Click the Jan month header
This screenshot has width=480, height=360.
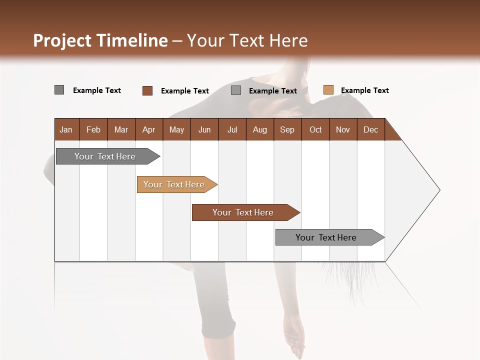point(66,129)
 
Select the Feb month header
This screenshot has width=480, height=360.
point(93,129)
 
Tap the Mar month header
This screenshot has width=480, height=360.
point(121,129)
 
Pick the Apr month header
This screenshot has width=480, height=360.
point(149,129)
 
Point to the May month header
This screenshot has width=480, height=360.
point(176,129)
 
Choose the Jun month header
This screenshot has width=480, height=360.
point(204,129)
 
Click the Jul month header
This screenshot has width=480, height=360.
point(232,129)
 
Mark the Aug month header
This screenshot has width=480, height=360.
point(260,129)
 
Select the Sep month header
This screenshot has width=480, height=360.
point(287,129)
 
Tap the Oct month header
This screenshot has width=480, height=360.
point(315,129)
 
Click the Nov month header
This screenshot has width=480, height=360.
point(343,129)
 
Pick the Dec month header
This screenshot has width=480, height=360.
point(371,129)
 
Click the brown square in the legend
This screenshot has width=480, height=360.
point(147,90)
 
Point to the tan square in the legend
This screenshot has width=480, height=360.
point(328,90)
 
